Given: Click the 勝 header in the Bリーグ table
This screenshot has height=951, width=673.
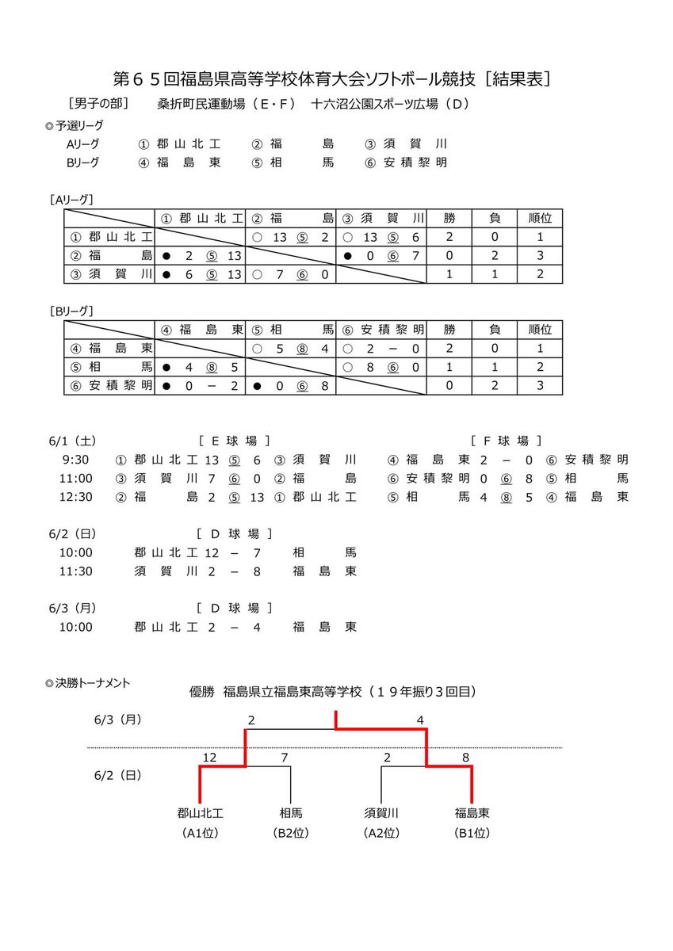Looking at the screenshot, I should [x=449, y=329].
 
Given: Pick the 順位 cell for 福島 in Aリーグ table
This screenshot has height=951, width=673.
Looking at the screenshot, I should [x=540, y=256].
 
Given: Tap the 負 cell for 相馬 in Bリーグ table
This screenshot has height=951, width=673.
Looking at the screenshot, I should [x=495, y=368].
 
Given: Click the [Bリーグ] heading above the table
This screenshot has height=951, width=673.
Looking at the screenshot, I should [x=71, y=311].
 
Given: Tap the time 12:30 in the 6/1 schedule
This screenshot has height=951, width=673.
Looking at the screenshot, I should [x=76, y=497].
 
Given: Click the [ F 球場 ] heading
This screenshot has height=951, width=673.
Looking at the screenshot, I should [x=507, y=441].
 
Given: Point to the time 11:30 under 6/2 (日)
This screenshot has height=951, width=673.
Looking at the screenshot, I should [x=76, y=571].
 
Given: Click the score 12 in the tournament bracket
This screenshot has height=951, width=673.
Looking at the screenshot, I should [x=209, y=758].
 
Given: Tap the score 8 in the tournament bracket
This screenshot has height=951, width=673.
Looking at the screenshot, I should [x=465, y=758].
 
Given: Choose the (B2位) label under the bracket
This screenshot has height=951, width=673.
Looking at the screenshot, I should [x=291, y=833].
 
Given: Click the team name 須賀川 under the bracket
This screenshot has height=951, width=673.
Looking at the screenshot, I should [x=381, y=812].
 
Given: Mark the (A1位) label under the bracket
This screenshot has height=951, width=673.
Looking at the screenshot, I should [x=200, y=833].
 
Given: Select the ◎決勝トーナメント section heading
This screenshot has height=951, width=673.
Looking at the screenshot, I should [x=88, y=682].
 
